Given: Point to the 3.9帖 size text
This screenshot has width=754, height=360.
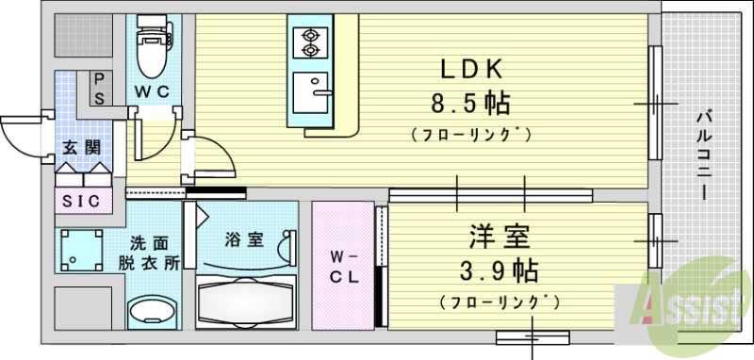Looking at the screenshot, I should point(499,270).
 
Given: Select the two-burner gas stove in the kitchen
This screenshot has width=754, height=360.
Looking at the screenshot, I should point(309,41).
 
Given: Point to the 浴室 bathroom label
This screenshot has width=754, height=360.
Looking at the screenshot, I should point(242,239).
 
